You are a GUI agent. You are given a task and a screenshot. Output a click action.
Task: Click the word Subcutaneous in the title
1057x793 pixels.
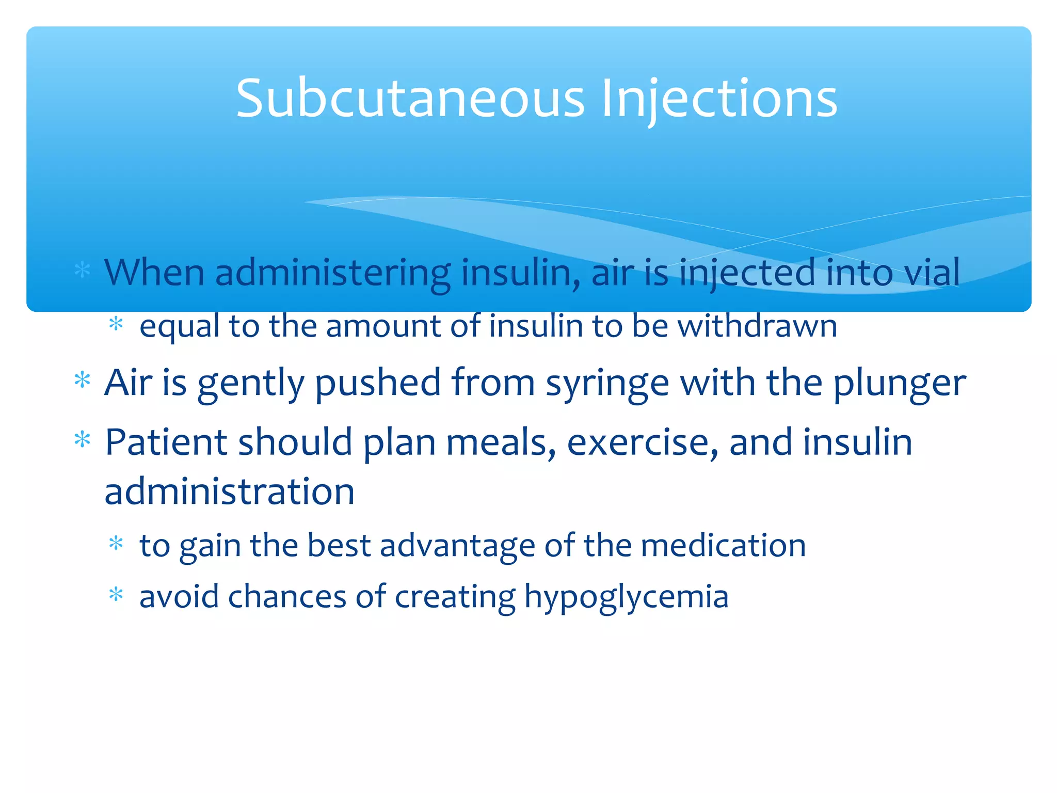(x=410, y=98)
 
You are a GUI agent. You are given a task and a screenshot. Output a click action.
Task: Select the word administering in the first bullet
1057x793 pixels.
(x=332, y=273)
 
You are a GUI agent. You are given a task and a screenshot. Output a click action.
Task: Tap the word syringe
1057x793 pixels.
(x=607, y=384)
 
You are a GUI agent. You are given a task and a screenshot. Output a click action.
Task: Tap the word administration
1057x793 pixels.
(x=230, y=491)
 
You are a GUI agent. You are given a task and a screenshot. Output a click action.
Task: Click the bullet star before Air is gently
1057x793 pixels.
(x=83, y=380)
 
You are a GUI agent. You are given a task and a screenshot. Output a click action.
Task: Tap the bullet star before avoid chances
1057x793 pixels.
(x=116, y=595)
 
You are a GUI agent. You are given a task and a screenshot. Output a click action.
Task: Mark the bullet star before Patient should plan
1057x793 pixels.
(x=83, y=440)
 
